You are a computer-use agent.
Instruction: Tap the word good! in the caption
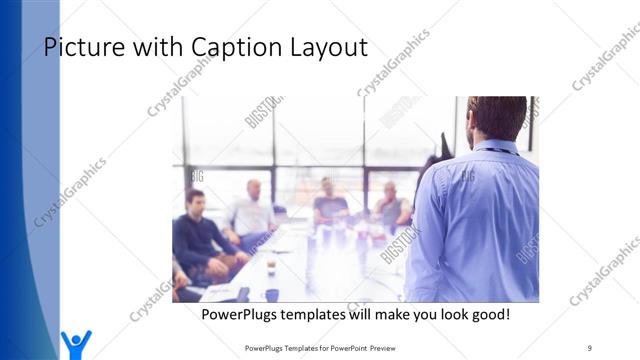coord(487,314)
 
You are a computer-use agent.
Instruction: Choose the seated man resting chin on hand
coord(392,205)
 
